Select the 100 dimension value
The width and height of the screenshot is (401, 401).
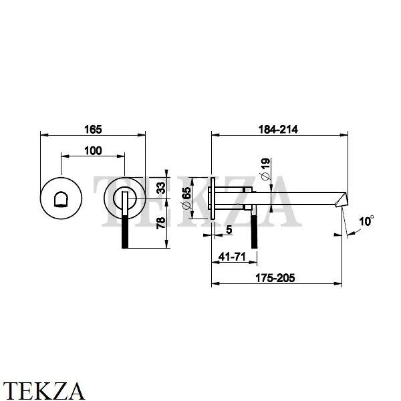(93, 150)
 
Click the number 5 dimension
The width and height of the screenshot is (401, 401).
(229, 229)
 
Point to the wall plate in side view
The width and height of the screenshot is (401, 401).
(212, 198)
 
